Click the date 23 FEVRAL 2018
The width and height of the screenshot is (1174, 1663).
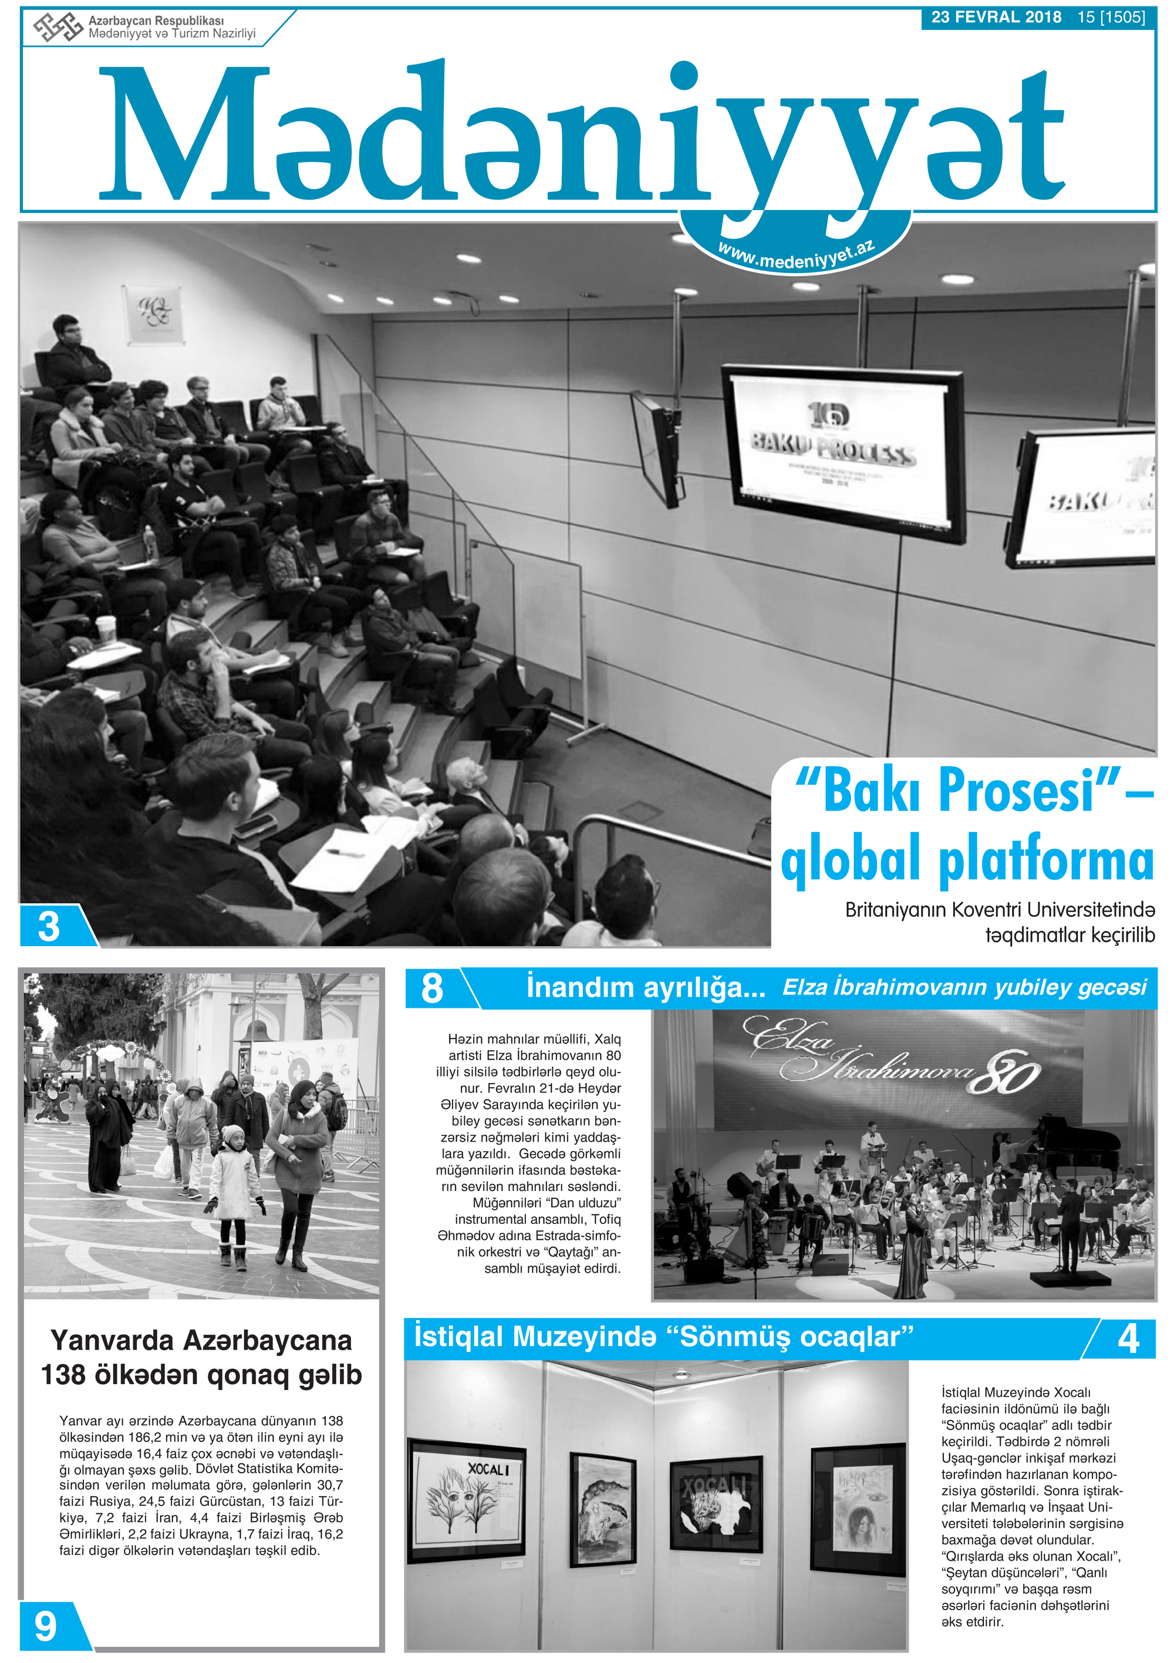996,18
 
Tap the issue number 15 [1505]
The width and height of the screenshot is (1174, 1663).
1110,18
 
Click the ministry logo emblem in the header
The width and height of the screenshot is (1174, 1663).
57,28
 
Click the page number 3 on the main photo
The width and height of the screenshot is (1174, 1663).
49,926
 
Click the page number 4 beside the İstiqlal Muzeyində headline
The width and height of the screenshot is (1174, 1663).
1128,1338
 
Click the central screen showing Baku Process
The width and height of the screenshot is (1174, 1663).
844,453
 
